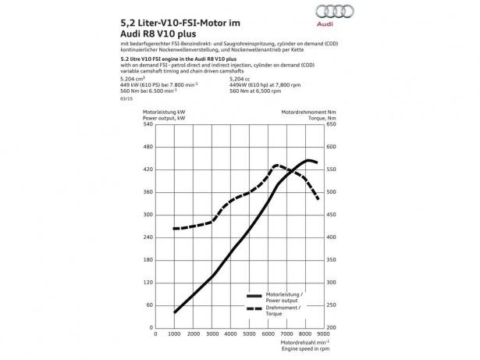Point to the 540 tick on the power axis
(148, 147)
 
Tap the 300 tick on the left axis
(148, 215)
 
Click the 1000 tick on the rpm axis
(174, 334)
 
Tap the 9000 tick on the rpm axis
(319, 334)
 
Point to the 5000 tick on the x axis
(247, 334)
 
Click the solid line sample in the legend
(253, 297)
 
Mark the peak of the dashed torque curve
(276, 165)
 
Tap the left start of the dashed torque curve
(174, 229)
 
